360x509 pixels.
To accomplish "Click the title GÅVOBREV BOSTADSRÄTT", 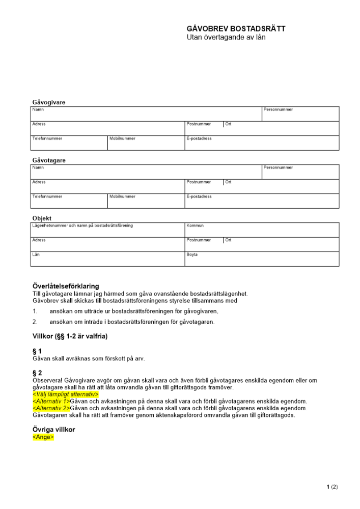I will pos(236,29).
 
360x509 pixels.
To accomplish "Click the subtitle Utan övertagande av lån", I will pos(226,37).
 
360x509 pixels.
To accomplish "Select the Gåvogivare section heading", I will pos(49,102).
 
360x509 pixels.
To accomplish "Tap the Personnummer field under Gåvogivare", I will pos(300,114).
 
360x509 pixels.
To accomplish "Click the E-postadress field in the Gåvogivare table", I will pos(261,143).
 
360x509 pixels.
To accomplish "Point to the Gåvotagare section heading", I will pos(49,160).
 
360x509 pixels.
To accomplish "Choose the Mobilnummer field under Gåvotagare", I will pos(146,201).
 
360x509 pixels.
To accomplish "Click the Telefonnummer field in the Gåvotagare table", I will pos(69,201).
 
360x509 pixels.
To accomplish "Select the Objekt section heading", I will pos(42,218).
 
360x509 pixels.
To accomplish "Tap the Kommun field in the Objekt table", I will pos(261,230).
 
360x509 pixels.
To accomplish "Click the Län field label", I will pos(36,254).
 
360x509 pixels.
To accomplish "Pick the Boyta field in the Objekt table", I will pos(261,259).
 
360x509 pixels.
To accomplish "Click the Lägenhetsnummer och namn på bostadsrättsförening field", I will pos(107,230).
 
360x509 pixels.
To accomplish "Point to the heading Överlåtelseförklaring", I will pos(66,286).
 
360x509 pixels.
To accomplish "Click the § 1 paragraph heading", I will pos(37,351).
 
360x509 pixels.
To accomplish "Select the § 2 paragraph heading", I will pos(37,373).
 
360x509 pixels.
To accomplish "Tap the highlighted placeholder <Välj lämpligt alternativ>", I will pos(65,394).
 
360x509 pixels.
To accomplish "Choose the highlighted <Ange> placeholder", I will pos(43,437).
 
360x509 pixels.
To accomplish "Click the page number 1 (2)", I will pos(332,487).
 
